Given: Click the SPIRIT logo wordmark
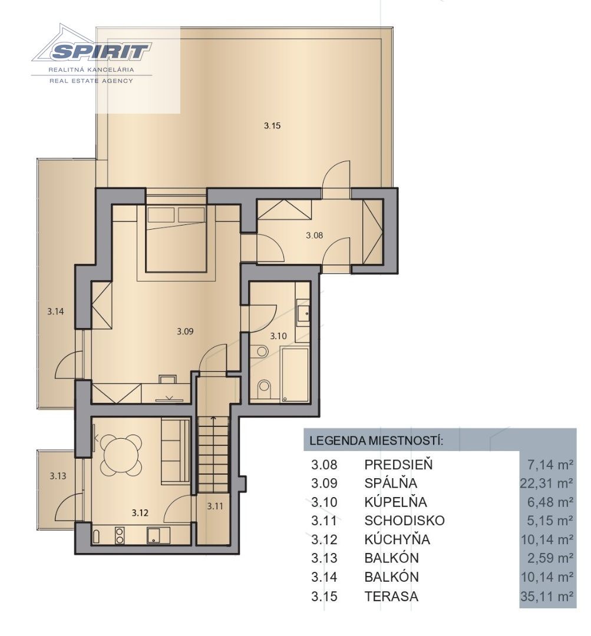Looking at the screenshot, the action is (101, 51).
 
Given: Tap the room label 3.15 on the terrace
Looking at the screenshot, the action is (272, 126).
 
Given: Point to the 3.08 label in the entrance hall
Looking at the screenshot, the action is (314, 235).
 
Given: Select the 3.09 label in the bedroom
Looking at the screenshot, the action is (185, 332).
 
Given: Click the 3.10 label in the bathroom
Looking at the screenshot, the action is (279, 336).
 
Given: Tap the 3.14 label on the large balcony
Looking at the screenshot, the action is (55, 312).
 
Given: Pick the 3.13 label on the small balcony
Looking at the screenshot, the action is (58, 476).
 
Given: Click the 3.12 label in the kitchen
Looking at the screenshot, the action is (140, 513).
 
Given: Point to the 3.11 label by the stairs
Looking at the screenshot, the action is (215, 506).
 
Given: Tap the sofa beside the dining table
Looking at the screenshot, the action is (176, 452).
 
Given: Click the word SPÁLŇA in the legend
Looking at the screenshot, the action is (391, 483).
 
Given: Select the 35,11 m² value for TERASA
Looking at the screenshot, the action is (546, 596).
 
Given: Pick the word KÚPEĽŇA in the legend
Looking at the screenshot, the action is (395, 502).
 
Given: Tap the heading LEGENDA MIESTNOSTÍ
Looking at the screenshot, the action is (376, 440).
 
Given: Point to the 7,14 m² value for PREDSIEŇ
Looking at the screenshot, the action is (550, 465).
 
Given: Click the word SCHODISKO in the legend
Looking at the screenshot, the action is (404, 521).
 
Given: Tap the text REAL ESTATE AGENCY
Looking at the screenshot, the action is (91, 81).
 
